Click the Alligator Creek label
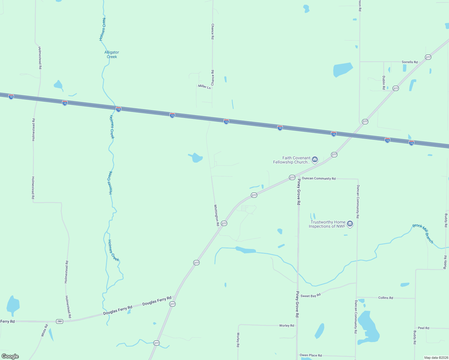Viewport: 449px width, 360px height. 112,55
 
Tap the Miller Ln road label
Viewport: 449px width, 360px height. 204,87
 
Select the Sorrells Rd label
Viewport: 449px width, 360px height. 409,62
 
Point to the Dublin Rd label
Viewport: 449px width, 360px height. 384,82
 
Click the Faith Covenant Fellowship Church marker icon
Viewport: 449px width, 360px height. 315,159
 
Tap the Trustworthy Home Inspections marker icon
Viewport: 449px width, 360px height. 350,223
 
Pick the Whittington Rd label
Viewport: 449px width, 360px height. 216,215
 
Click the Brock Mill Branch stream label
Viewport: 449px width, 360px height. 423,233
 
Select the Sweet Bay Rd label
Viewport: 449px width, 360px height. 311,295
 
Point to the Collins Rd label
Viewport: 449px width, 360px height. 385,298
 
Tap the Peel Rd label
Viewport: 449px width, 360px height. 423,328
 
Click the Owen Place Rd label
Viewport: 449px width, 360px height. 311,355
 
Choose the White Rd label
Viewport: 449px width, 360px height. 44,330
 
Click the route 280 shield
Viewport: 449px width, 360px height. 59,321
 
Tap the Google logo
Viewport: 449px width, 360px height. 10,356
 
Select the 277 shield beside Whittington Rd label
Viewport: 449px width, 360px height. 224,223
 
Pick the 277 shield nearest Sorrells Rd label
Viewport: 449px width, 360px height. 428,57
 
